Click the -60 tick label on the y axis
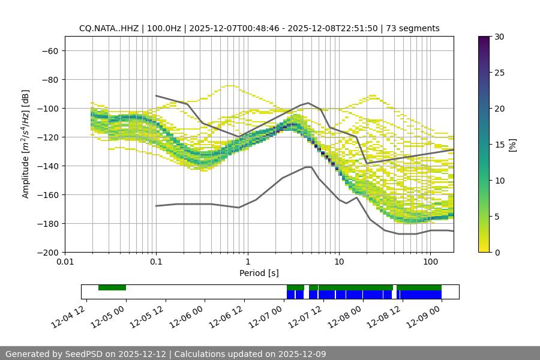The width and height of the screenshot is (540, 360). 49,50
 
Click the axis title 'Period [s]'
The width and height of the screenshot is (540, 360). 259,273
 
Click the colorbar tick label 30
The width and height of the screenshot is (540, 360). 499,37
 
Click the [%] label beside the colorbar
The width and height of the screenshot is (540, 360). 513,145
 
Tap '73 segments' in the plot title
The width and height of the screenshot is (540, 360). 413,28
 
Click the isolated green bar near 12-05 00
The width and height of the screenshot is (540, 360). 112,287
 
